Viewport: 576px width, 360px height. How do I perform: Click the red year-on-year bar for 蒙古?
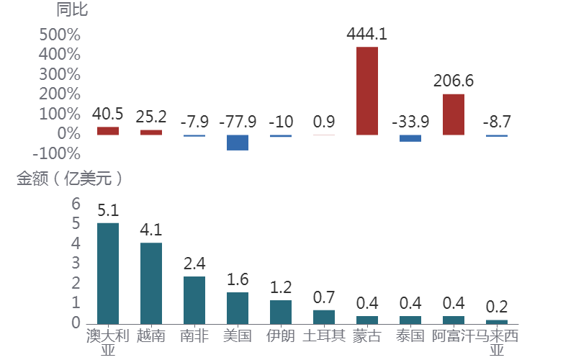[x=367, y=91]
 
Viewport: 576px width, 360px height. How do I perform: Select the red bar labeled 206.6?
[x=454, y=114]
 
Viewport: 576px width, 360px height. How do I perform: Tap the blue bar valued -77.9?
[x=238, y=142]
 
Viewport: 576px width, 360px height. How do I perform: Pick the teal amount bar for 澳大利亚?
[x=108, y=273]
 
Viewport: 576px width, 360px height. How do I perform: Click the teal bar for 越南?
[x=151, y=283]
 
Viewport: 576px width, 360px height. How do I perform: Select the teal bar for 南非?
[x=194, y=300]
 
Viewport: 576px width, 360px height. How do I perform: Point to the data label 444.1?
[x=367, y=33]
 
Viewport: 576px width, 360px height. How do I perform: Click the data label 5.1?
[x=108, y=210]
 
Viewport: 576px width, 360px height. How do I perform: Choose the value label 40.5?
[x=108, y=114]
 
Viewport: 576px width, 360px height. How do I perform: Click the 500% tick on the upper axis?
[x=59, y=35]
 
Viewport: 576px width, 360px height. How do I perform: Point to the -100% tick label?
[x=57, y=153]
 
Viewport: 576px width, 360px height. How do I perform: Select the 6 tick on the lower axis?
[x=76, y=204]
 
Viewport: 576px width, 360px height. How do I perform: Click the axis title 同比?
[x=72, y=10]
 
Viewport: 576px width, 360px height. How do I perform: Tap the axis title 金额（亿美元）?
[x=71, y=179]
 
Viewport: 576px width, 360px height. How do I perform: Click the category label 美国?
[x=238, y=336]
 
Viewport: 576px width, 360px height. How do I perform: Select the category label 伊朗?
[x=281, y=336]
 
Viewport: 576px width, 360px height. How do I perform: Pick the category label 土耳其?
[x=324, y=336]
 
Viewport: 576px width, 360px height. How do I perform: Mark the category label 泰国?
[x=410, y=336]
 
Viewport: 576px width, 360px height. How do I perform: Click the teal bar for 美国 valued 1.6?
[x=238, y=307]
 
